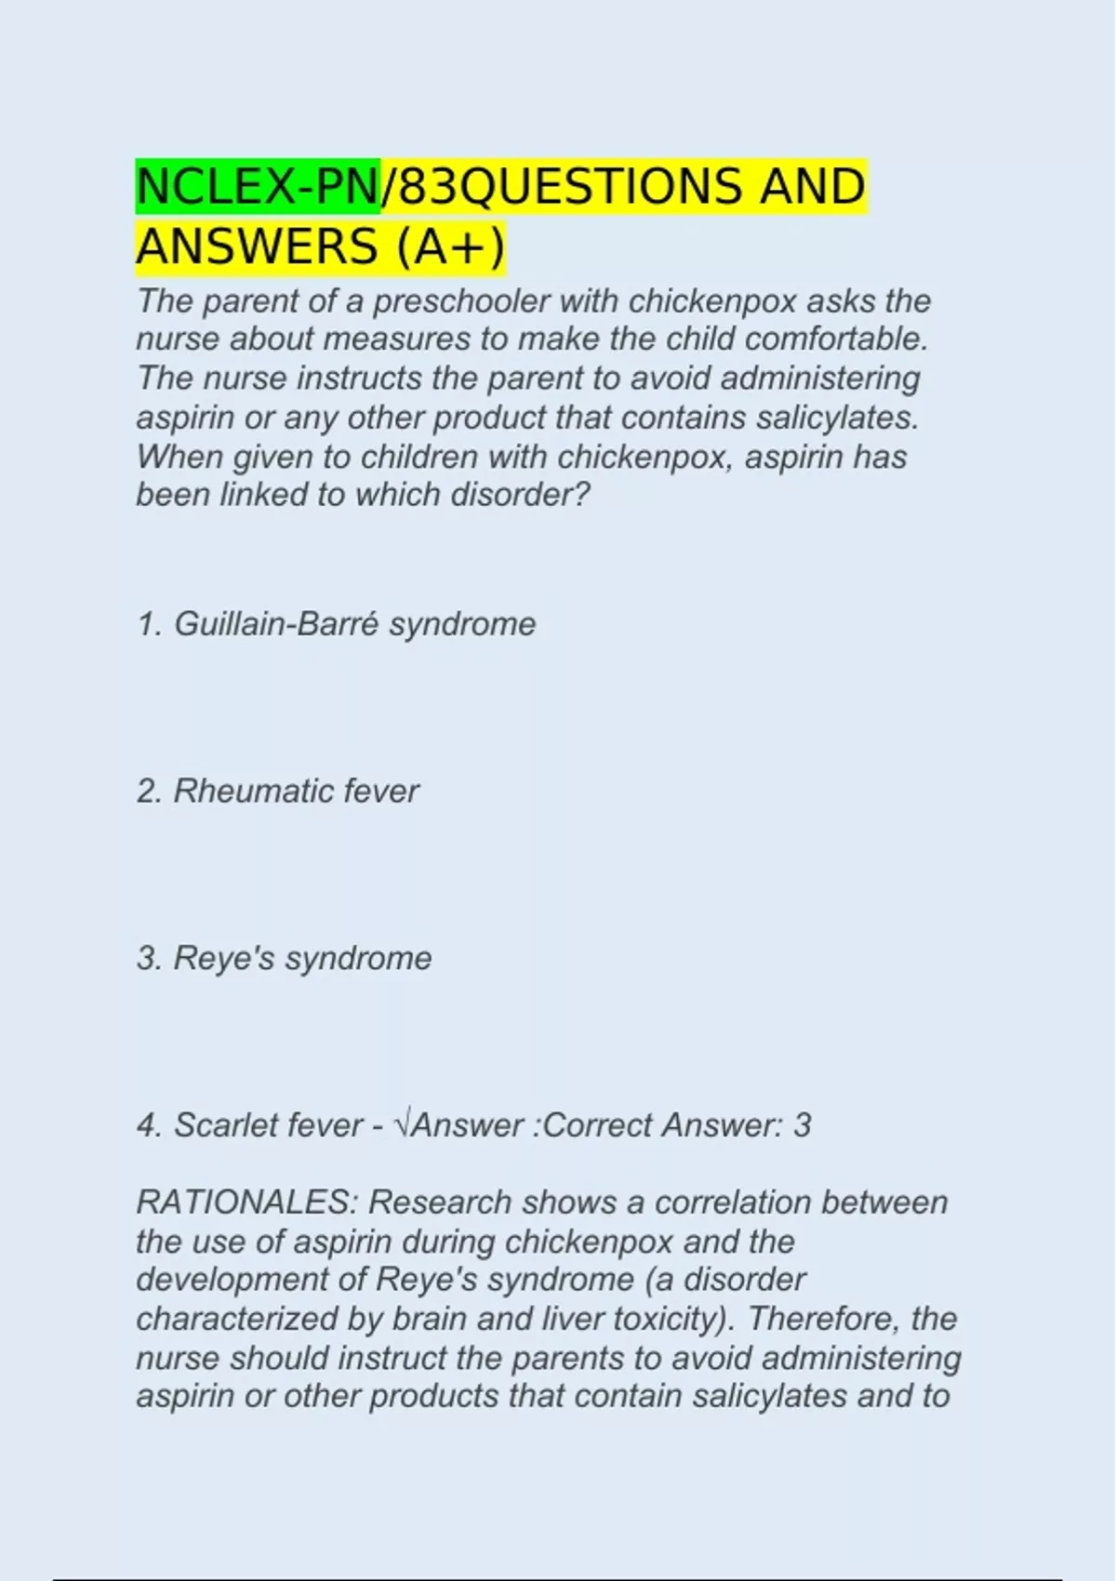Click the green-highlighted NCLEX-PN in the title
point(258,187)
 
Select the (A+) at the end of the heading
point(451,247)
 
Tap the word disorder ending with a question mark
point(520,495)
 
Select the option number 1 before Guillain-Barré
point(148,624)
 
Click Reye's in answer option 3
point(224,959)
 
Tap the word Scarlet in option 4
point(222,1126)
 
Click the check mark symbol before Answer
point(402,1126)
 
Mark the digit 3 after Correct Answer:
point(802,1126)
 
